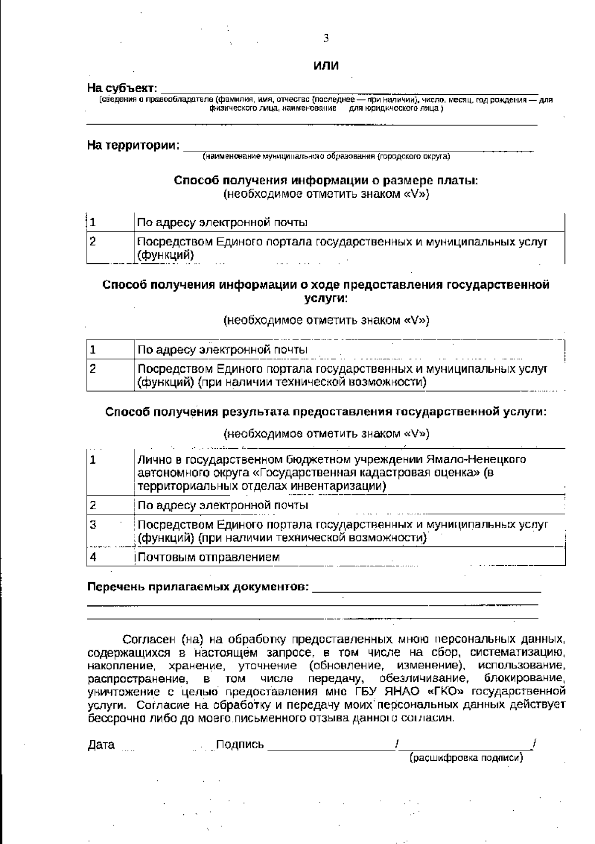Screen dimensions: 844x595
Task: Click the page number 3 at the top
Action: pyautogui.click(x=326, y=38)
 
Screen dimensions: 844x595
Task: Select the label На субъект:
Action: pyautogui.click(x=122, y=89)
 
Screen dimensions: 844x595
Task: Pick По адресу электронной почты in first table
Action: pyautogui.click(x=222, y=222)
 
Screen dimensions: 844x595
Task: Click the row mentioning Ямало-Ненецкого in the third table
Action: pyautogui.click(x=331, y=473)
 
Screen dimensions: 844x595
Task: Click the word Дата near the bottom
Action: pyautogui.click(x=101, y=745)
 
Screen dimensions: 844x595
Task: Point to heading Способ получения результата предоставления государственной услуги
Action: pyautogui.click(x=326, y=412)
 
